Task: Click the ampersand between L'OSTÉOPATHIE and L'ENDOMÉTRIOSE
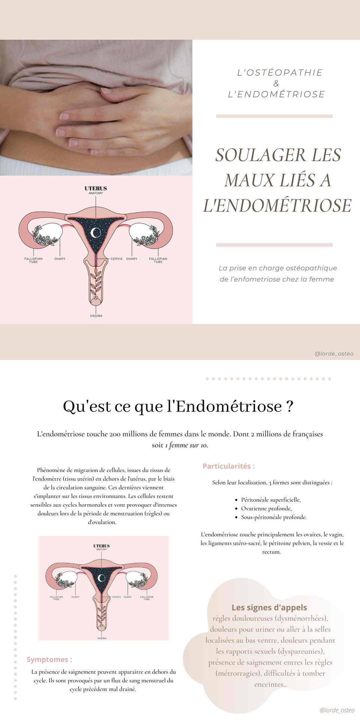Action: [276, 84]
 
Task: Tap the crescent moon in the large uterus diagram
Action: [96, 232]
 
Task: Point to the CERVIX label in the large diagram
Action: [116, 259]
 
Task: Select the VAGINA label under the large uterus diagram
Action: [96, 316]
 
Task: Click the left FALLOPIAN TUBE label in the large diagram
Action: [33, 260]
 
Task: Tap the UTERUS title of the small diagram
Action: [102, 546]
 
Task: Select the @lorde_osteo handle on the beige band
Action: [334, 354]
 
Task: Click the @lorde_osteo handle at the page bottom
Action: [337, 710]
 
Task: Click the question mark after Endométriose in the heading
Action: [289, 406]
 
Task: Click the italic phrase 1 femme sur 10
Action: [186, 445]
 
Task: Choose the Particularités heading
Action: [228, 466]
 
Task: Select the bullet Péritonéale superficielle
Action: [271, 499]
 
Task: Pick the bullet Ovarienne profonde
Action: [266, 508]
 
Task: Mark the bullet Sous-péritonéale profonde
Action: [274, 517]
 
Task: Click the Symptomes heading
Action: [49, 659]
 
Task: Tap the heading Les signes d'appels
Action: [269, 607]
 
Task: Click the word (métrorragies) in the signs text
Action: [238, 673]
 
